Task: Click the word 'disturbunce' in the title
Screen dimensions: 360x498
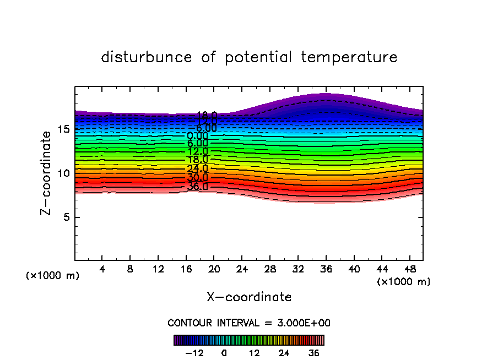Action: click(x=147, y=57)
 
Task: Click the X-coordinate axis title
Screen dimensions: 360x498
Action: click(x=249, y=297)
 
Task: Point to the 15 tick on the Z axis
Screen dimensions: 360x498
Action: click(x=64, y=129)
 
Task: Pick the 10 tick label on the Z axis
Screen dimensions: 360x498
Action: click(x=64, y=173)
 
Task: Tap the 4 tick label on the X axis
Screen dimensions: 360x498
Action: click(x=102, y=270)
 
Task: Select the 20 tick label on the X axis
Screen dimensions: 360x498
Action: click(x=214, y=270)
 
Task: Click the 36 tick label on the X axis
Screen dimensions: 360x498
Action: click(x=326, y=270)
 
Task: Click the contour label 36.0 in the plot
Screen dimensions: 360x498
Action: click(x=197, y=187)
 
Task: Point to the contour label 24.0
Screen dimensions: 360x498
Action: click(x=197, y=169)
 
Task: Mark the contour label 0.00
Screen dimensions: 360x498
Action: click(x=197, y=136)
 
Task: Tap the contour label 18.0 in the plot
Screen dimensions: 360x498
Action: click(x=197, y=160)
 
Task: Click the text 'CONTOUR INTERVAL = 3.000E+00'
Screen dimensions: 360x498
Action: click(x=249, y=323)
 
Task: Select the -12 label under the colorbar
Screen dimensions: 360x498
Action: click(x=194, y=353)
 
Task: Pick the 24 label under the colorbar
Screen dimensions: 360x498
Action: click(x=284, y=353)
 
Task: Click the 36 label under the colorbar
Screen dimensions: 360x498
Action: click(x=314, y=353)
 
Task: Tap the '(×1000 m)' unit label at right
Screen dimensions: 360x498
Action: click(x=404, y=282)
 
